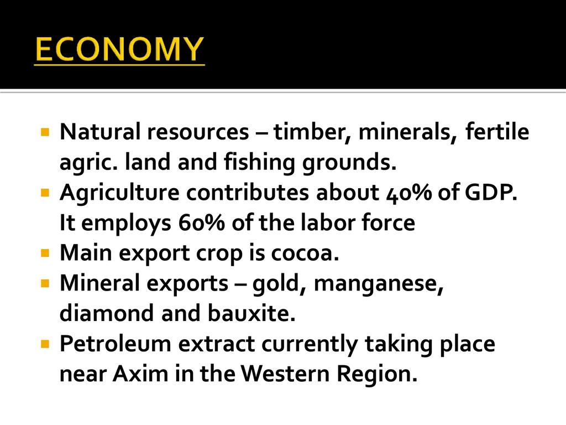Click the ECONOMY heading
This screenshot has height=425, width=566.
pyautogui.click(x=119, y=49)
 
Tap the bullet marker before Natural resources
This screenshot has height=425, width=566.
pyautogui.click(x=45, y=132)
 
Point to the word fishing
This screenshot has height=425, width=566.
pyautogui.click(x=259, y=162)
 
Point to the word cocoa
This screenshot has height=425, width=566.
pyautogui.click(x=305, y=253)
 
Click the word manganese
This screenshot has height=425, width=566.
pyautogui.click(x=379, y=284)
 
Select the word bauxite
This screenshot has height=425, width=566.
pyautogui.click(x=251, y=313)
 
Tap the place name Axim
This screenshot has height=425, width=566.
pyautogui.click(x=140, y=374)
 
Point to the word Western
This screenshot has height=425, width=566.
pyautogui.click(x=285, y=374)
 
